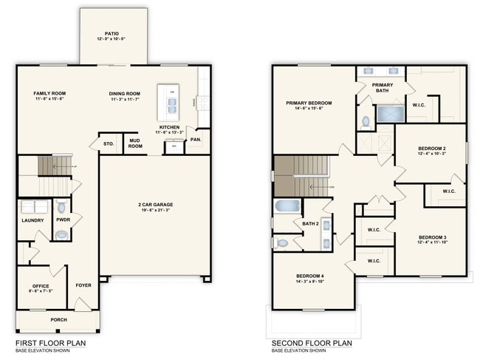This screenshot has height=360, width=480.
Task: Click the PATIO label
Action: click(112, 33)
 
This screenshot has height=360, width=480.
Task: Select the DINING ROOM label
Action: click(126, 94)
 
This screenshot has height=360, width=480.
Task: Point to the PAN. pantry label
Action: click(196, 139)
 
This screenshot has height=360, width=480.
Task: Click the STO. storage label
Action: click(109, 143)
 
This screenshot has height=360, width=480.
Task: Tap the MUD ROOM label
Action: click(134, 142)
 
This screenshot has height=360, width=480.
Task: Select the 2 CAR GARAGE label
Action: click(154, 205)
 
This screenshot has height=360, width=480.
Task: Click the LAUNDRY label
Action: click(32, 220)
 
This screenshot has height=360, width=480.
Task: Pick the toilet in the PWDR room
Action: click(62, 208)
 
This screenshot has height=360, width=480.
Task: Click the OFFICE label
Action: click(40, 286)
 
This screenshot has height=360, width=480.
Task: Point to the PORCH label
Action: click(58, 320)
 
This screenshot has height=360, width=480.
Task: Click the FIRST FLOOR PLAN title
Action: click(49, 343)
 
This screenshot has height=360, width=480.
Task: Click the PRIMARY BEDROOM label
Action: click(309, 103)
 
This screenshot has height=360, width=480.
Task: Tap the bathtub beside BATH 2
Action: click(287, 206)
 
